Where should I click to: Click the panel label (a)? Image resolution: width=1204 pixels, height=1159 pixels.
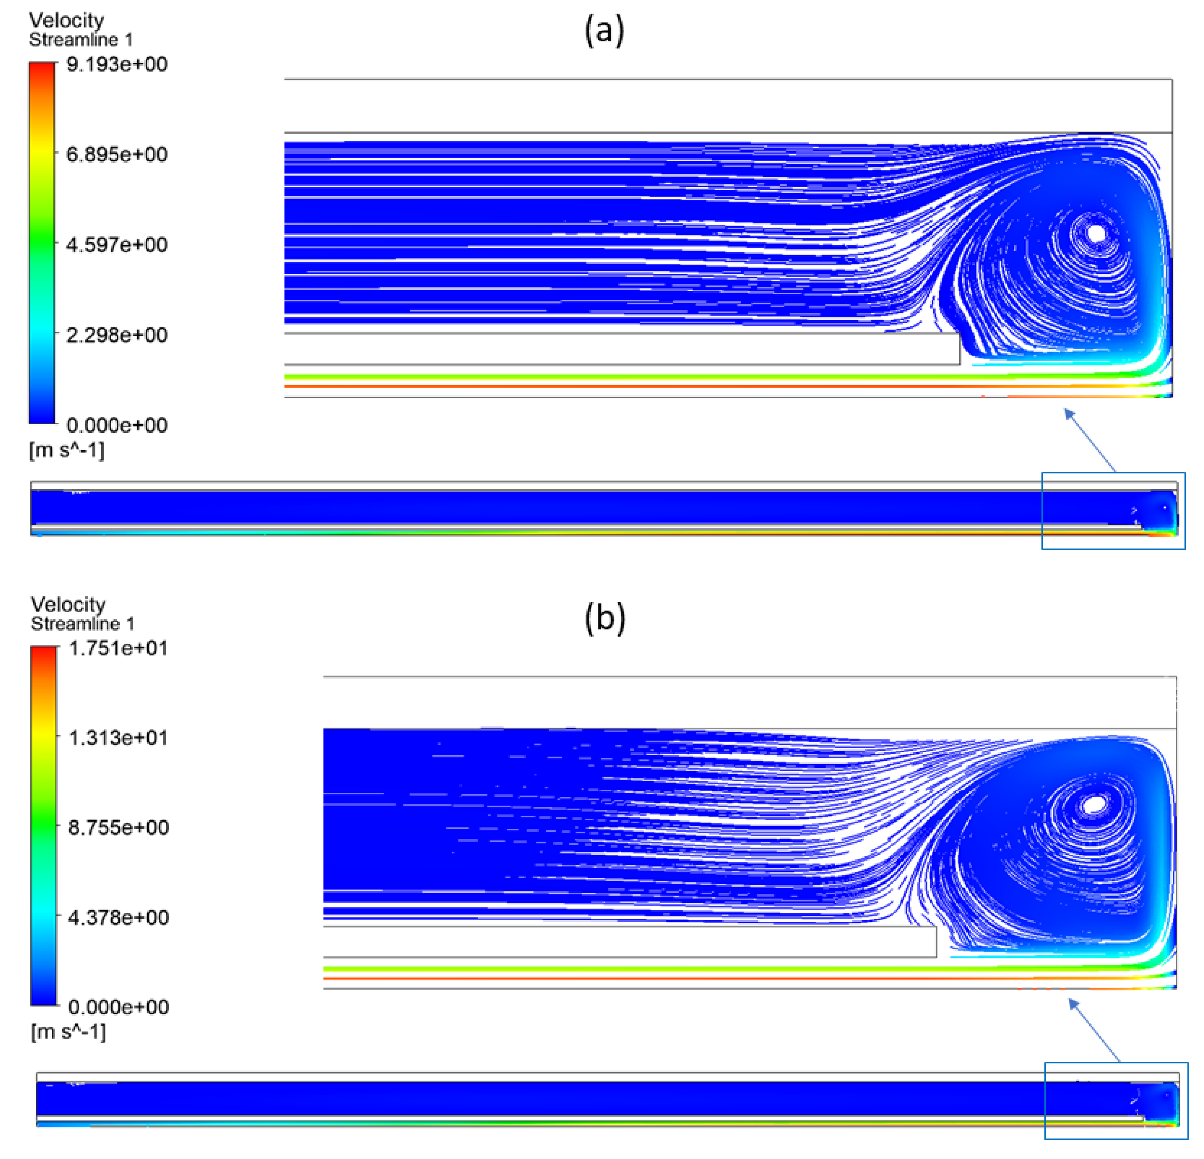604,31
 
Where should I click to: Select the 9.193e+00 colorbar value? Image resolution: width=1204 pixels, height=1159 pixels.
117,64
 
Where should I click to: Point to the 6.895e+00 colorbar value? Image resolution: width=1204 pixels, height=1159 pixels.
117,154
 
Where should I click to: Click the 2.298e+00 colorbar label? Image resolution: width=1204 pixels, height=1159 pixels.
117,335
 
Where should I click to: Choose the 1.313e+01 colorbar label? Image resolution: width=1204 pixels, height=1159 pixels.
118,738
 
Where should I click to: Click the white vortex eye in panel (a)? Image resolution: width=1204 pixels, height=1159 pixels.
1096,233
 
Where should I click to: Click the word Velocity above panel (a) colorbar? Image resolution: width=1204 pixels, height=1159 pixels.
66,20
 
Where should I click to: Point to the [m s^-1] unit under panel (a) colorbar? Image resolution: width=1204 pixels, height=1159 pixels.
66,450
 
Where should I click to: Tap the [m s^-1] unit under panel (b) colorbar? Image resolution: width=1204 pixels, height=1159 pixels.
68,1032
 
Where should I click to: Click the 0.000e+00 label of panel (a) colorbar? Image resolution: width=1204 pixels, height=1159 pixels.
117,425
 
